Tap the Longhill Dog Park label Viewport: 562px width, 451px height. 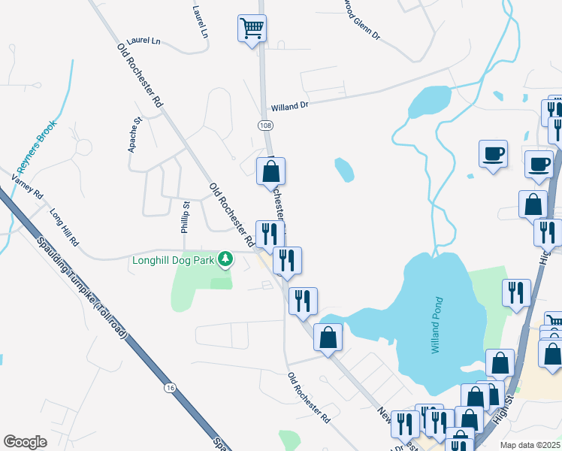pos(174,261)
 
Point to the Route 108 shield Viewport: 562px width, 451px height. pos(264,124)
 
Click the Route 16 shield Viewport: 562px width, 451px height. pos(171,388)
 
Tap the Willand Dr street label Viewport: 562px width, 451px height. pos(290,105)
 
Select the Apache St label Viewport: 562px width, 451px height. pos(135,135)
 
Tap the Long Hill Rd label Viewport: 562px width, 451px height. pos(64,228)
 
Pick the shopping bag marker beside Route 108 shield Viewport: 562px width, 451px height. pos(270,171)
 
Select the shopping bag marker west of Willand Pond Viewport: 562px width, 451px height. pos(328,337)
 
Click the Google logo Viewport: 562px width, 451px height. pos(25,441)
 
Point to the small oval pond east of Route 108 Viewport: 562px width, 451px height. pos(344,169)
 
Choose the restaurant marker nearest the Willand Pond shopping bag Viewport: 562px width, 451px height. pos(303,301)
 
